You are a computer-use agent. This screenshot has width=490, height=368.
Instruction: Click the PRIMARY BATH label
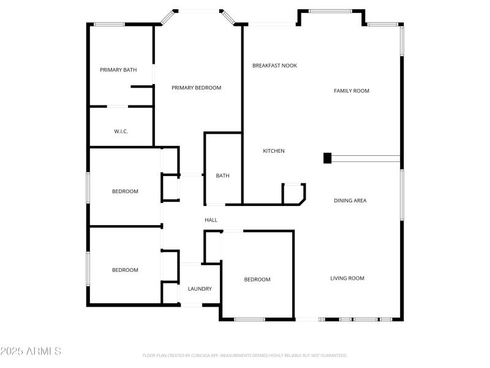click(x=118, y=70)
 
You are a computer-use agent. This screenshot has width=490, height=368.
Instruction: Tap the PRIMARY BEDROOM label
click(x=196, y=88)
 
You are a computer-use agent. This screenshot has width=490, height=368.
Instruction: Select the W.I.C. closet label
click(x=121, y=131)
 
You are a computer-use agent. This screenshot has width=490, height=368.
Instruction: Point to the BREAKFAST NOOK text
click(x=274, y=65)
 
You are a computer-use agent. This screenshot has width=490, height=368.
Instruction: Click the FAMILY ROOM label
click(x=351, y=91)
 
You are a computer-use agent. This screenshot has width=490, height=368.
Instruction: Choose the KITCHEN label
click(x=273, y=151)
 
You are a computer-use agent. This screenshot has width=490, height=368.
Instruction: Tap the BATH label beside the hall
click(x=222, y=176)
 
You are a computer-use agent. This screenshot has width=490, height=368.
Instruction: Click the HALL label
click(x=211, y=220)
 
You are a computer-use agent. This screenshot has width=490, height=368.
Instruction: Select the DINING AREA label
click(x=350, y=201)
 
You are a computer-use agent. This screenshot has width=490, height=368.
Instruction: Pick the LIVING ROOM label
click(x=347, y=278)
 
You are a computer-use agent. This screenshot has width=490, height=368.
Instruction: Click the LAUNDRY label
click(x=200, y=289)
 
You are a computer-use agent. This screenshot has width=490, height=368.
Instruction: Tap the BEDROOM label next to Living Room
click(x=257, y=280)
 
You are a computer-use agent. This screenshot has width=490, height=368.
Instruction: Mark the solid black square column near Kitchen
click(x=327, y=158)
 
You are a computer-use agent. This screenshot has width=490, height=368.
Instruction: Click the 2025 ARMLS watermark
click(x=31, y=351)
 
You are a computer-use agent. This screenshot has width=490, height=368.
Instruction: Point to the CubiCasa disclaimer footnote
click(x=244, y=356)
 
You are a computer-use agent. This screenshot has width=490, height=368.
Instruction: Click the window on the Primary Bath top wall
click(x=109, y=24)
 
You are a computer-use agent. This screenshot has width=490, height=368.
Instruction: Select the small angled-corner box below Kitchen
click(x=293, y=193)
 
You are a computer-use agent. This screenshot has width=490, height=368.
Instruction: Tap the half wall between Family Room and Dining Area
click(x=365, y=158)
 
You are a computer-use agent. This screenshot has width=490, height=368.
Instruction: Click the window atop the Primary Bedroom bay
click(x=197, y=10)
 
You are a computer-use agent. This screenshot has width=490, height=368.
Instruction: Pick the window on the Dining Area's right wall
click(x=401, y=194)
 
